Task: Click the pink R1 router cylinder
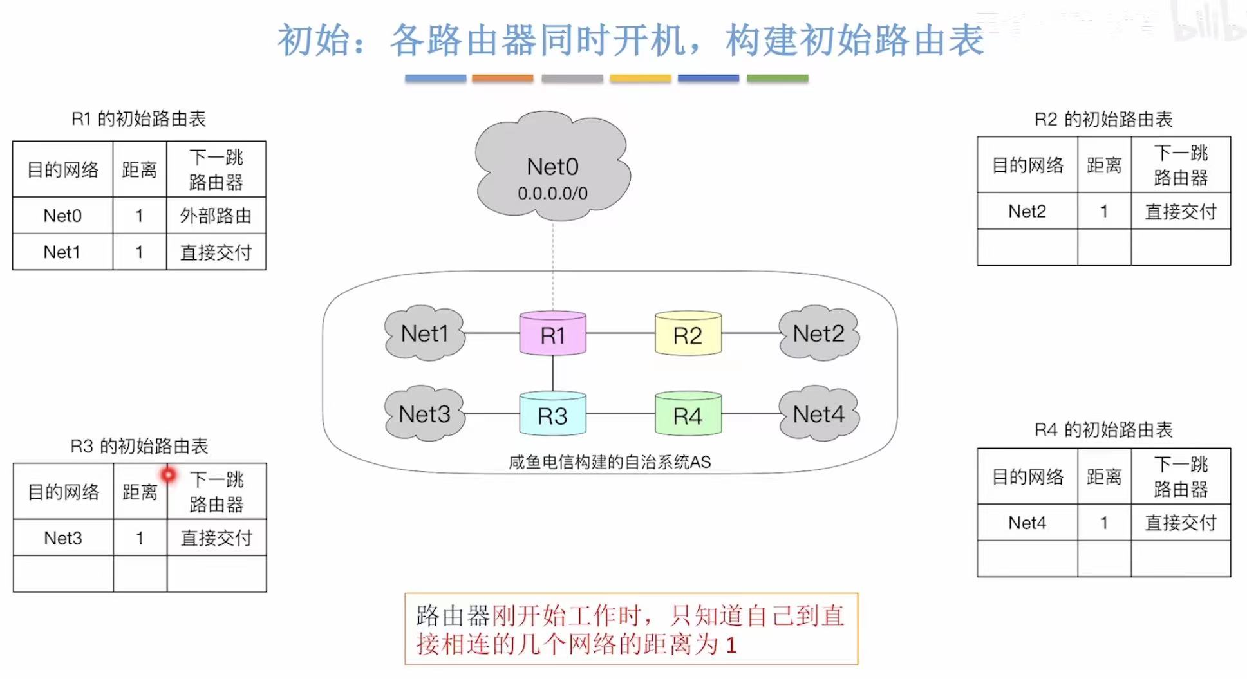[x=552, y=334]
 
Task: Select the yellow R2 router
[x=688, y=334]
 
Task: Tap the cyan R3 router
[x=552, y=414]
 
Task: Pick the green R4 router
[x=688, y=414]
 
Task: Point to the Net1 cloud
[x=424, y=333]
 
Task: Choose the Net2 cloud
[x=818, y=333]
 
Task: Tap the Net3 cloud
[x=424, y=414]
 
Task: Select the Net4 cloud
[x=818, y=414]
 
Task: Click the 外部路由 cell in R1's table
[x=216, y=216]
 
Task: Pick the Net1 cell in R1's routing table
[x=62, y=252]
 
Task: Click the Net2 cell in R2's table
[x=1027, y=211]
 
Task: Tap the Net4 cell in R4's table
[x=1027, y=523]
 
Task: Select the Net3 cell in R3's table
[x=62, y=537]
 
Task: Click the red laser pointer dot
[x=168, y=475]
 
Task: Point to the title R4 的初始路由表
[x=1103, y=429]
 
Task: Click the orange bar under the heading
[x=502, y=79]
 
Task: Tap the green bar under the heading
[x=777, y=79]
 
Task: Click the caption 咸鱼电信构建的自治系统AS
[x=609, y=461]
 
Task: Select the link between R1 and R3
[x=552, y=373]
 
